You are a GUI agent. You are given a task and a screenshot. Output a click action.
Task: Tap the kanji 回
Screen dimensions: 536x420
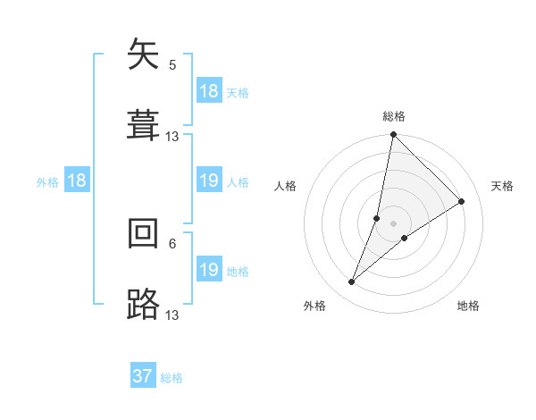(143, 234)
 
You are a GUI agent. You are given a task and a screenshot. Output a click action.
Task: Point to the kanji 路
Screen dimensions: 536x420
(143, 305)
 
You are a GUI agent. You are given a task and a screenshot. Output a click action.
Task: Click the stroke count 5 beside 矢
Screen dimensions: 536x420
(172, 64)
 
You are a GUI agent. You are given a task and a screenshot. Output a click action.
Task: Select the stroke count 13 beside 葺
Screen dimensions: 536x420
(172, 137)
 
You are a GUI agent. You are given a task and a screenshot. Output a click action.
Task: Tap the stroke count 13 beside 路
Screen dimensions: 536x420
(172, 315)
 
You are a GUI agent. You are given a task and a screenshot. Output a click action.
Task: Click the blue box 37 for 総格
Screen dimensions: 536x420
(143, 376)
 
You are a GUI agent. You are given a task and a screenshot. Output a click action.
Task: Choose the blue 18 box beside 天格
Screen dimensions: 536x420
(209, 91)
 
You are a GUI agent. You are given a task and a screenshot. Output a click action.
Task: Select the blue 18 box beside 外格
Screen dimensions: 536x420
(77, 181)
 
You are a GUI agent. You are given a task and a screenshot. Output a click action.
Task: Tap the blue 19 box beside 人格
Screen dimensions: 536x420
(209, 181)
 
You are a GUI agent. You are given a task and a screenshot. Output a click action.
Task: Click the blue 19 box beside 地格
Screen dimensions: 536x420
(209, 270)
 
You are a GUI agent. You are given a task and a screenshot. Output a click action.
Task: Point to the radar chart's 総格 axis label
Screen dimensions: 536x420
(394, 116)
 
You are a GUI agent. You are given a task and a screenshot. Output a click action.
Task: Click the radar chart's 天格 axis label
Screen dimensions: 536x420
(503, 186)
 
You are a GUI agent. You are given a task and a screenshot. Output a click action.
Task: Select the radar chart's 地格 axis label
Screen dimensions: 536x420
(468, 306)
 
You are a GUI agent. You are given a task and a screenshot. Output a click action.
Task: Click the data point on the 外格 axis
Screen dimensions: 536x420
(352, 282)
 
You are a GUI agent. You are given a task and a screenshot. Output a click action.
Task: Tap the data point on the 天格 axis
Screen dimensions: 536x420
(462, 202)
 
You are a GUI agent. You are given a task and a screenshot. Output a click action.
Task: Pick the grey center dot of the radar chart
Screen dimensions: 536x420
(394, 223)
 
